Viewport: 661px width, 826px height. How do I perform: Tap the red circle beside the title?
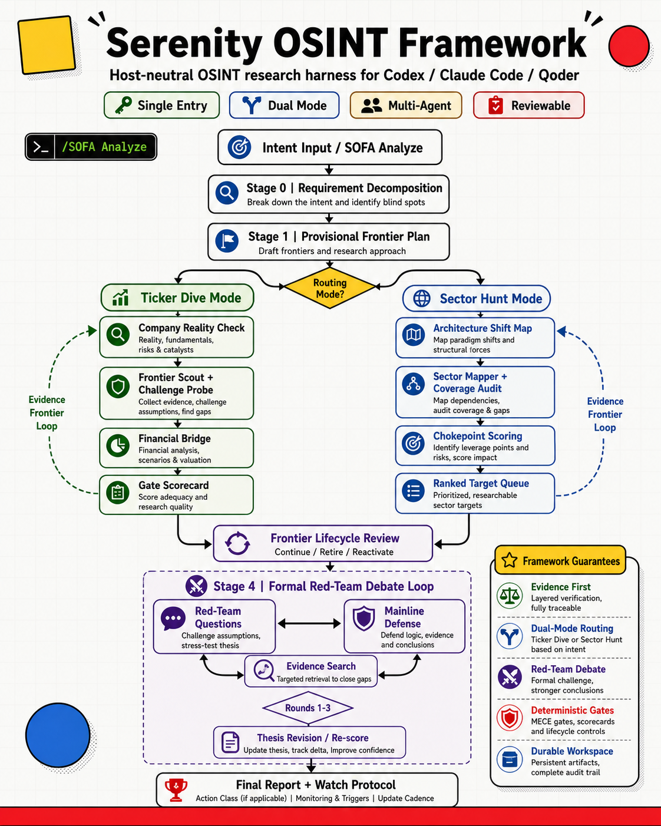point(629,46)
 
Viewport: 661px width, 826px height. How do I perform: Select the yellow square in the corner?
point(47,45)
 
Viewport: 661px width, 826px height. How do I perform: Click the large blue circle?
point(58,735)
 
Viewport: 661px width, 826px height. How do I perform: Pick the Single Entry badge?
point(161,105)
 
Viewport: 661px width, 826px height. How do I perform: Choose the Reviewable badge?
point(529,105)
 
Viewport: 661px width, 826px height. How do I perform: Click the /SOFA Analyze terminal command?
point(91,147)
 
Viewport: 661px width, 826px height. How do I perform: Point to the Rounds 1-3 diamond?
point(308,708)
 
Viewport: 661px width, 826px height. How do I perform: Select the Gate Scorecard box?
point(177,495)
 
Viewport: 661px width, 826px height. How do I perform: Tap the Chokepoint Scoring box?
point(475,445)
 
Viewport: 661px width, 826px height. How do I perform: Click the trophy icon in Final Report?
point(176,790)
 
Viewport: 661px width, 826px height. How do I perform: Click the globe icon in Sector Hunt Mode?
point(421,298)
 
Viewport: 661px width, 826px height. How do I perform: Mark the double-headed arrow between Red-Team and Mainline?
point(309,624)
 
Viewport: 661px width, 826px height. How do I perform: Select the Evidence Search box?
point(311,671)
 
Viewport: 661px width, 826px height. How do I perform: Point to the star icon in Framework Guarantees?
point(510,560)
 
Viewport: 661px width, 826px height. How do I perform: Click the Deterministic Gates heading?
point(572,710)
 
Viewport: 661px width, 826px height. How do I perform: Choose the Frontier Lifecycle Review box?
point(323,544)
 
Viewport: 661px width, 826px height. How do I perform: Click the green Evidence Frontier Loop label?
point(47,413)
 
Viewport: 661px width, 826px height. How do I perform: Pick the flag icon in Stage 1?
point(227,241)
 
